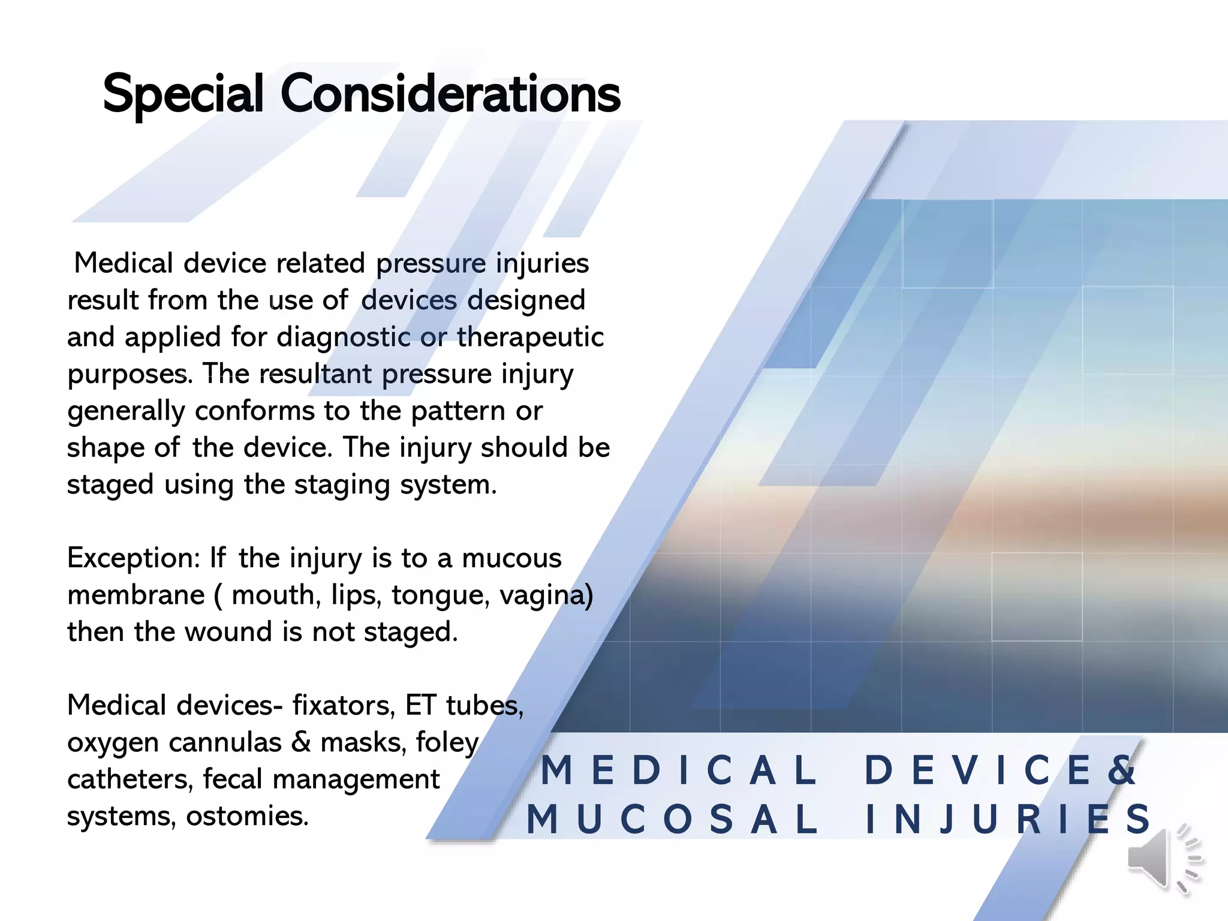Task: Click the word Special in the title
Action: (183, 94)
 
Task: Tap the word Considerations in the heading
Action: (450, 94)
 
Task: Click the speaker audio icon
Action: (1163, 859)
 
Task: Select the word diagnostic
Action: (343, 338)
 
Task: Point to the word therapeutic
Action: (530, 338)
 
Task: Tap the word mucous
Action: (511, 558)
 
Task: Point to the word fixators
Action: (344, 706)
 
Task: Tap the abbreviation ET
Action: (420, 706)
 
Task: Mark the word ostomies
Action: (247, 816)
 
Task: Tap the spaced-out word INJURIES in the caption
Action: (1007, 820)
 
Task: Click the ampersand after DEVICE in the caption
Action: (1121, 770)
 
